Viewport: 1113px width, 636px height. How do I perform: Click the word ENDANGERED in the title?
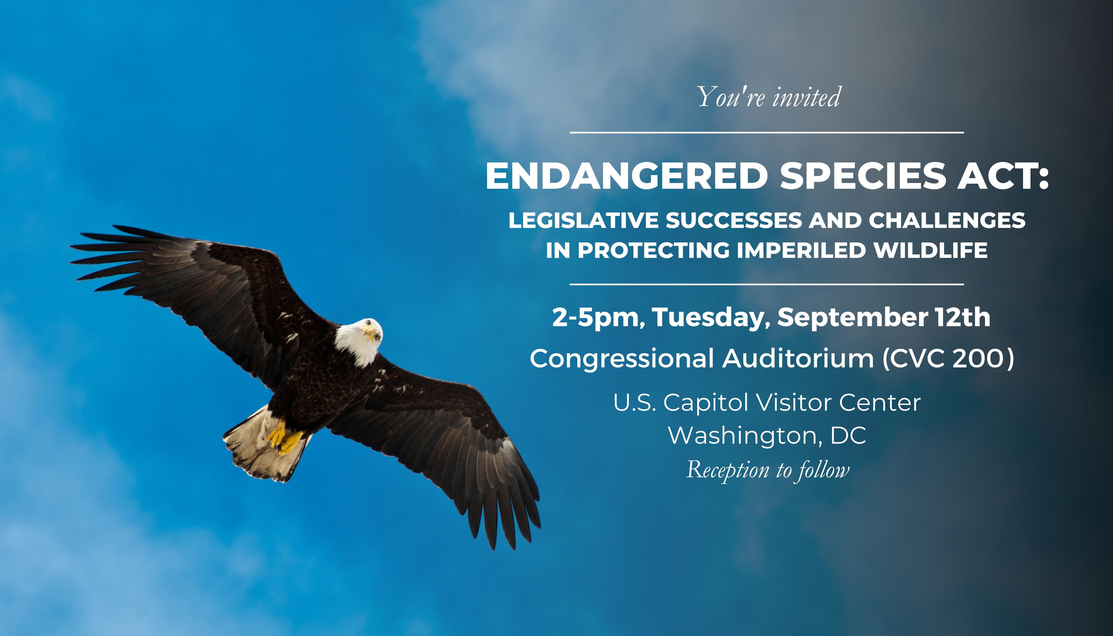(x=626, y=176)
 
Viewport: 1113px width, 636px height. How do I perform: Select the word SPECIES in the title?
(x=862, y=176)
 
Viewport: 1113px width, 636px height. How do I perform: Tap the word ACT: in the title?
(x=1003, y=176)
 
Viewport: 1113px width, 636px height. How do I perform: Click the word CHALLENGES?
(x=946, y=220)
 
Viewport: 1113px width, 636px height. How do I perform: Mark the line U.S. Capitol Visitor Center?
(x=767, y=403)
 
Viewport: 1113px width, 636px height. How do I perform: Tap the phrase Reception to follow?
(x=768, y=470)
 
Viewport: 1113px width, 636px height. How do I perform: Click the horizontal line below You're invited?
(x=767, y=132)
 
